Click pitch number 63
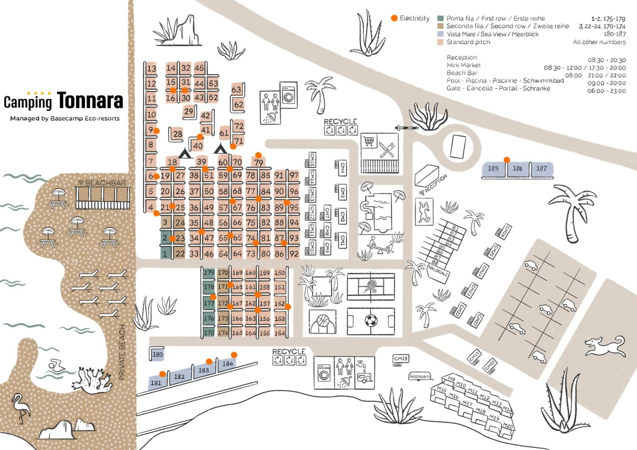[236, 89]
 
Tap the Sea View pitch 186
[517, 168]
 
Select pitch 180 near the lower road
[158, 354]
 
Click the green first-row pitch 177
[209, 303]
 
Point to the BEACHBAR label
[106, 183]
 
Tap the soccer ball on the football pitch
[371, 321]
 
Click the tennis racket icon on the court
[370, 286]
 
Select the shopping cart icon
[369, 141]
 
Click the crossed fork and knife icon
[387, 150]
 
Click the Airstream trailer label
[420, 376]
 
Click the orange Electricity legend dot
[394, 18]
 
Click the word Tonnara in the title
[90, 100]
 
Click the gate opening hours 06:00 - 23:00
[606, 91]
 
